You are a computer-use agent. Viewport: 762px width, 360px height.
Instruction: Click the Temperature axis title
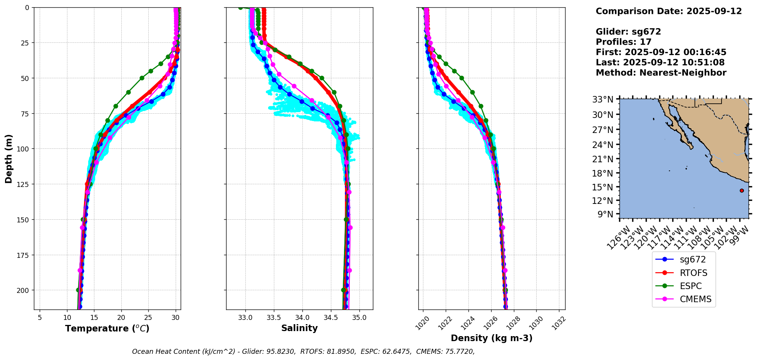pos(107,328)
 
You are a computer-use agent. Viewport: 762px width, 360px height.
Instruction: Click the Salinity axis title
pos(299,328)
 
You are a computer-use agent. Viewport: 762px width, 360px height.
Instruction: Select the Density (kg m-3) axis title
pos(492,338)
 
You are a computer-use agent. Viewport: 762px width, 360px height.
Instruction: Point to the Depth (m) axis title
pos(9,158)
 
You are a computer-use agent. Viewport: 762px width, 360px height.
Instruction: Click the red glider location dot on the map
pos(742,190)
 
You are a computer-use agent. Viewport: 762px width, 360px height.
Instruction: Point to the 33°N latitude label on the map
pos(603,100)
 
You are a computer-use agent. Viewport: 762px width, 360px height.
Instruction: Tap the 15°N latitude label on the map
pos(603,187)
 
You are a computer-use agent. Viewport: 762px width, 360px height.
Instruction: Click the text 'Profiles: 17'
pos(623,42)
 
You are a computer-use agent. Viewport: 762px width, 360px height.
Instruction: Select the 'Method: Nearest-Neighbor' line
pos(661,73)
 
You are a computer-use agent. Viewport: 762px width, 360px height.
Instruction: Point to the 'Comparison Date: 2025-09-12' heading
pos(668,11)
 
